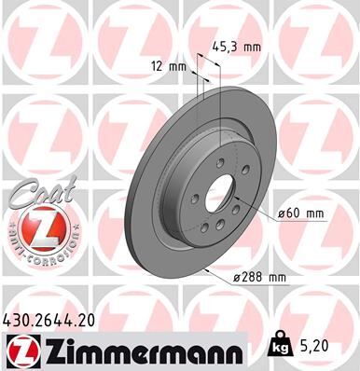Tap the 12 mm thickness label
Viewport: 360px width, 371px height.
[x=169, y=65]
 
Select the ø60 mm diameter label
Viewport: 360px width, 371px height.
[x=300, y=214]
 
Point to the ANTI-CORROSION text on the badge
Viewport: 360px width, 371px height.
[x=35, y=252]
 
